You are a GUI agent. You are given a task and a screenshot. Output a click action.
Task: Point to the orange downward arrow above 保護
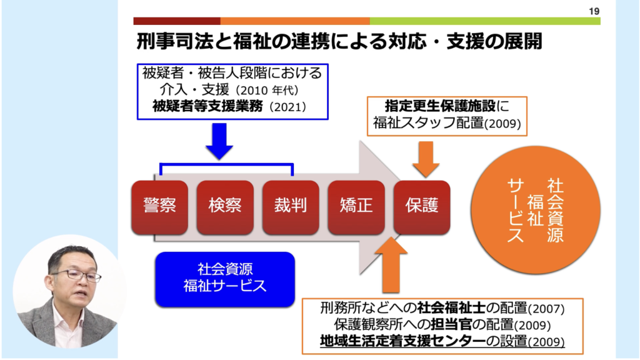[426, 157]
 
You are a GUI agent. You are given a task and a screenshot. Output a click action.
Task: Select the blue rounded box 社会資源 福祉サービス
[224, 279]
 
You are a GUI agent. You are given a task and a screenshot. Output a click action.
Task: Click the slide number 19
[593, 10]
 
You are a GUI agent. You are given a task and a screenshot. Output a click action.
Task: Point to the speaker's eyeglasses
[76, 274]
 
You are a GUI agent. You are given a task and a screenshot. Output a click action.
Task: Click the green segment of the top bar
[485, 21]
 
